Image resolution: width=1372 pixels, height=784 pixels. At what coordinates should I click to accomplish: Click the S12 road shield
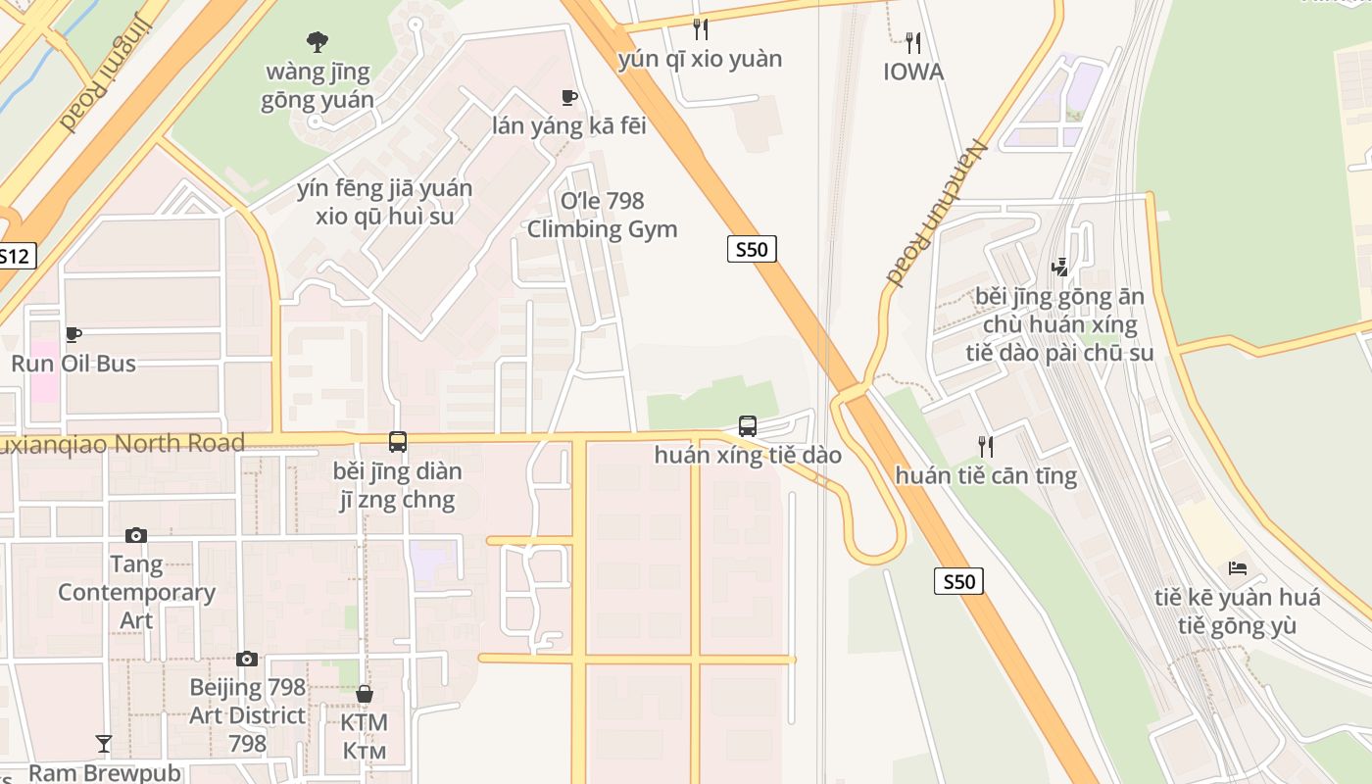click(x=15, y=257)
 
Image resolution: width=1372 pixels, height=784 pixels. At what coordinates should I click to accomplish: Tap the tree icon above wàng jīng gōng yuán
click(x=317, y=42)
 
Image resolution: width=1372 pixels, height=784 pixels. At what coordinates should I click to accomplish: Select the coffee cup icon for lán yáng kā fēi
click(x=568, y=97)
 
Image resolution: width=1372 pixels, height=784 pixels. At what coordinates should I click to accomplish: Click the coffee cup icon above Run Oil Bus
click(x=73, y=335)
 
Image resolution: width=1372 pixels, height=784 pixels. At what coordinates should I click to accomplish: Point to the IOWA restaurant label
click(x=913, y=72)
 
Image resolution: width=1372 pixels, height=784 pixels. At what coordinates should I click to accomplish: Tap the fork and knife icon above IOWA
click(x=913, y=42)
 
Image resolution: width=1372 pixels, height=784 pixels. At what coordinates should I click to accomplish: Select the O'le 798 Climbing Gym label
click(x=602, y=215)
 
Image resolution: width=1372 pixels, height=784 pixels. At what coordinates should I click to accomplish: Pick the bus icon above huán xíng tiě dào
click(x=747, y=426)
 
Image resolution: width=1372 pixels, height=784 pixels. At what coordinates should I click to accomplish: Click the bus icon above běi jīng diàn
click(x=397, y=442)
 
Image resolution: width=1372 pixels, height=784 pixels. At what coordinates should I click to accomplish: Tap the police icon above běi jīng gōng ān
click(x=1058, y=267)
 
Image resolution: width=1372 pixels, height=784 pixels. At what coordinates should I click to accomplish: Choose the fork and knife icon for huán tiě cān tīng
click(x=986, y=447)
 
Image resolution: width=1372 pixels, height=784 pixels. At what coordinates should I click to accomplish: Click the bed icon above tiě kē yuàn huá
click(x=1237, y=568)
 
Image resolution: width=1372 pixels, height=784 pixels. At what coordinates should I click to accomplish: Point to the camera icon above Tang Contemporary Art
click(x=136, y=535)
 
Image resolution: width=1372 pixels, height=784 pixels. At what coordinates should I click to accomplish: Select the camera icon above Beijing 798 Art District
click(x=247, y=659)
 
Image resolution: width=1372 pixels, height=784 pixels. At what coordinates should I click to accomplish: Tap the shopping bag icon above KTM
click(x=365, y=694)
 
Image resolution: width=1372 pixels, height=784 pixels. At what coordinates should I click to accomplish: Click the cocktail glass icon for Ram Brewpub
click(x=104, y=744)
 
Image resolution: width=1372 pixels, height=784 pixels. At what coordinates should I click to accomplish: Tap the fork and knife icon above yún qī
click(x=700, y=29)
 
